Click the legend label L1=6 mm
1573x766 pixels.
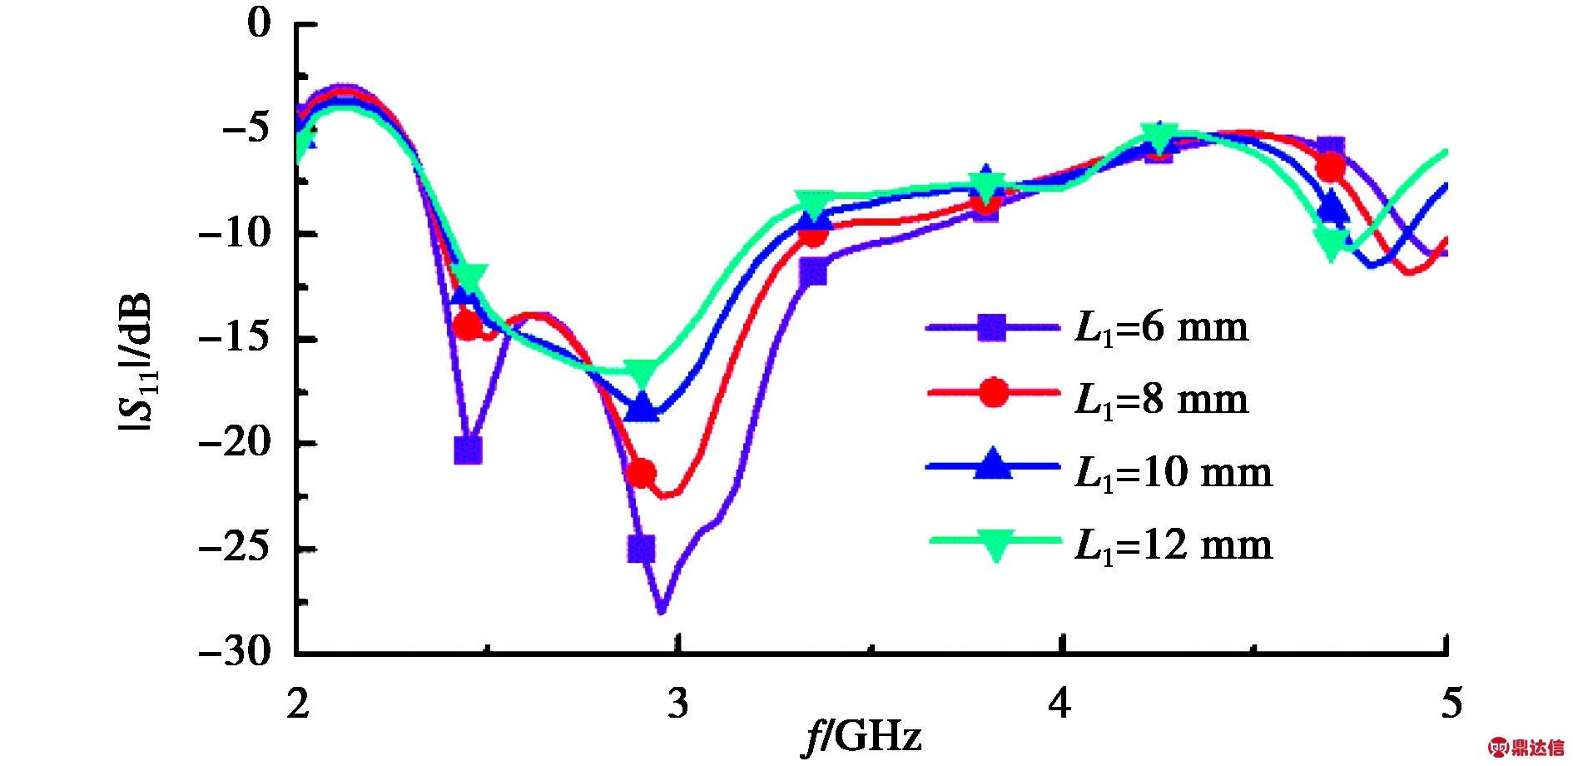(1162, 327)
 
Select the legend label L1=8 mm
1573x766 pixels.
(1162, 400)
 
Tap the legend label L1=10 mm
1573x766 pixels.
(1174, 472)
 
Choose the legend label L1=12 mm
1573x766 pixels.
(1174, 545)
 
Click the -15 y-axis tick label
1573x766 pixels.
(236, 337)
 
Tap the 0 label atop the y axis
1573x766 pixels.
(260, 22)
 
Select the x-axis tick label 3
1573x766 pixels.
(678, 704)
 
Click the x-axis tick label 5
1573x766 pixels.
(1451, 704)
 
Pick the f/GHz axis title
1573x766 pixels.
(863, 737)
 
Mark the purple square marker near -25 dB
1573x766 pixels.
(642, 549)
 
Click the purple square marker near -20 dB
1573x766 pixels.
(469, 450)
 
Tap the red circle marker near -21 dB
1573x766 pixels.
(641, 474)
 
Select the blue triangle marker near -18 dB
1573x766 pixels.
(642, 408)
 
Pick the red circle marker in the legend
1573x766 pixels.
(994, 392)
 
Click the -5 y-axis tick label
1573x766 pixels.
(246, 127)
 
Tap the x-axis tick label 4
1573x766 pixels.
(1059, 704)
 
